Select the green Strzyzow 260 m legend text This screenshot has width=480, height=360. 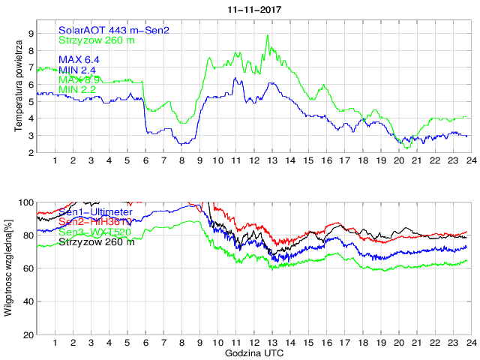(97, 39)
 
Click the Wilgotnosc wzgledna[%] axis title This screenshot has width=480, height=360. (8, 268)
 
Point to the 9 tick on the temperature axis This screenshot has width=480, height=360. (31, 34)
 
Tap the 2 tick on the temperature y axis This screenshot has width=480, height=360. (31, 153)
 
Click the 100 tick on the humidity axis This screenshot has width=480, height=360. (25, 202)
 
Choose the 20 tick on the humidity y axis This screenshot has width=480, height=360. (28, 334)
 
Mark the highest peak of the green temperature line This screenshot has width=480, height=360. (268, 35)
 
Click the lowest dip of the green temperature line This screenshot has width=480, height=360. (407, 148)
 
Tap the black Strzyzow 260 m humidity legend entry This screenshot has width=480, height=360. (97, 242)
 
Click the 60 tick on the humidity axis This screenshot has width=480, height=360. (28, 268)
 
